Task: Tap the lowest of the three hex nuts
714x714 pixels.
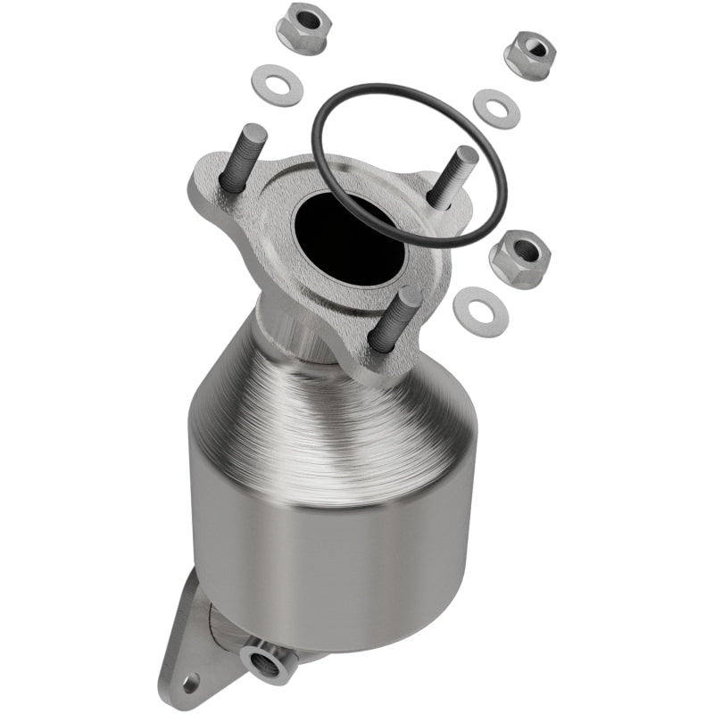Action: point(519,259)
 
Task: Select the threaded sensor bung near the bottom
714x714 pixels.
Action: point(269,660)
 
